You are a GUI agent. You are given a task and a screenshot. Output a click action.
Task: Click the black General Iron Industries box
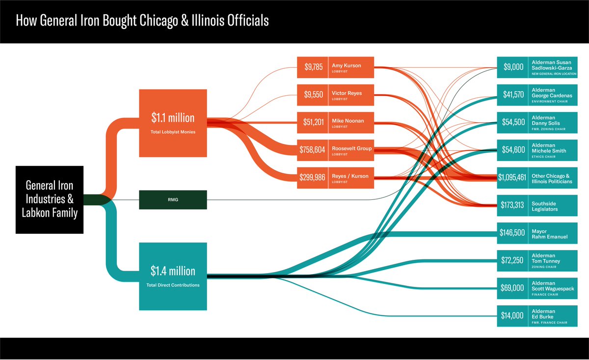[x=50, y=200]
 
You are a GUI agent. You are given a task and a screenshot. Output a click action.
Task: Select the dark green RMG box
[x=173, y=200]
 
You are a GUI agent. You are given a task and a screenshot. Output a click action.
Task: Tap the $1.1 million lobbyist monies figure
[x=173, y=118]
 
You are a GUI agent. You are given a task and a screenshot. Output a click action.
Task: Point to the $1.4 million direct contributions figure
[x=173, y=271]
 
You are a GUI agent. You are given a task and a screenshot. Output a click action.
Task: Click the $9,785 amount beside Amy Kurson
[x=314, y=67]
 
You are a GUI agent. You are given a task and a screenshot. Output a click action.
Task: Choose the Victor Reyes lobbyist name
[x=347, y=93]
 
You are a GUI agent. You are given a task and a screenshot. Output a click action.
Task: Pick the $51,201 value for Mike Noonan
[x=314, y=122]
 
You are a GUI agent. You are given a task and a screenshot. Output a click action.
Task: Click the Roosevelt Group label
[x=351, y=148]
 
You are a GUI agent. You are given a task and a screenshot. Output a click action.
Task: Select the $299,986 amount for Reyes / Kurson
[x=312, y=177]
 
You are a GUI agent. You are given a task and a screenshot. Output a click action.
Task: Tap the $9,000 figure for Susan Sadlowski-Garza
[x=513, y=67]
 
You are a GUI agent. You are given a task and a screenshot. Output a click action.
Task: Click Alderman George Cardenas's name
[x=552, y=93]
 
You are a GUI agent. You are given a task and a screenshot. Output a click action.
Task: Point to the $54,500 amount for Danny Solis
[x=513, y=122]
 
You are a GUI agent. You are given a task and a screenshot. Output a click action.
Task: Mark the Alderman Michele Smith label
[x=549, y=148]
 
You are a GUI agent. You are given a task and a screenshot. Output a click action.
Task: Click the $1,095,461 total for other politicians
[x=512, y=177]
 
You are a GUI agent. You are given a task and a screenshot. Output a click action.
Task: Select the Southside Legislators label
[x=544, y=206]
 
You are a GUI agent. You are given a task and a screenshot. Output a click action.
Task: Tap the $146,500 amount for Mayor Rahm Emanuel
[x=512, y=233]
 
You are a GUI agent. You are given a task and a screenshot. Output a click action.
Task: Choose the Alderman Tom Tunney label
[x=546, y=258]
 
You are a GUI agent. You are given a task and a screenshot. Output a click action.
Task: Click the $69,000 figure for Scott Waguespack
[x=512, y=288]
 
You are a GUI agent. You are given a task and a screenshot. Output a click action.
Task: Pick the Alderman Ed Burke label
[x=543, y=314]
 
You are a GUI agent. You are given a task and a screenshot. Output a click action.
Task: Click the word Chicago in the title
[x=159, y=21]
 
